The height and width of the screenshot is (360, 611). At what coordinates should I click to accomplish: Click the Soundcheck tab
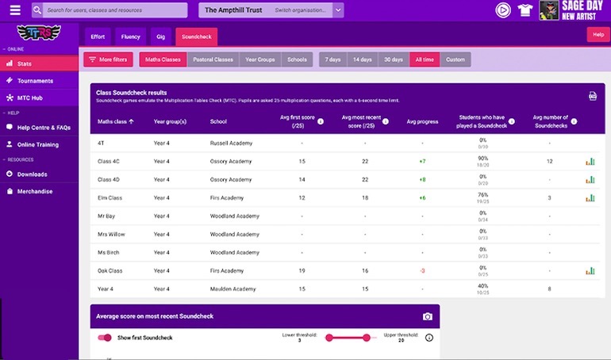coord(196,36)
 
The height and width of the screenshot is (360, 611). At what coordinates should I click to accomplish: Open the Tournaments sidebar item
coord(35,81)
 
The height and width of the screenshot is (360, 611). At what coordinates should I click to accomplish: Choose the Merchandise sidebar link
coord(35,191)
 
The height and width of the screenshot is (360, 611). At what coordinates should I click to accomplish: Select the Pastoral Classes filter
coord(213,59)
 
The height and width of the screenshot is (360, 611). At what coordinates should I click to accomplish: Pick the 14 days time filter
coord(362,59)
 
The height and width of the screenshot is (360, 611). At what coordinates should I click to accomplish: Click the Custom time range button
coord(455,59)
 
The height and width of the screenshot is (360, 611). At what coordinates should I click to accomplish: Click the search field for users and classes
coord(115,10)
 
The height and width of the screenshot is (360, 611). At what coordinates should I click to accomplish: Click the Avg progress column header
coord(421,121)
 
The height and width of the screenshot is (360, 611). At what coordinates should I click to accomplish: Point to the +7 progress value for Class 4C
coord(422,161)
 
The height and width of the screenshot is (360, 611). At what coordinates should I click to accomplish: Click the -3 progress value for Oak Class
coord(422,270)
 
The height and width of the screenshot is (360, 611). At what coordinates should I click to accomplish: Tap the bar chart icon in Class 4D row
coord(590,179)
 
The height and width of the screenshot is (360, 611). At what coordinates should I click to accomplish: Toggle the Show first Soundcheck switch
coord(104,338)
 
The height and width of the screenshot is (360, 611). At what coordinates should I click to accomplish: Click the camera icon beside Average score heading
coord(428,316)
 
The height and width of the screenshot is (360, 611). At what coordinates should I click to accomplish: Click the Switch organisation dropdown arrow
coord(339,10)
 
